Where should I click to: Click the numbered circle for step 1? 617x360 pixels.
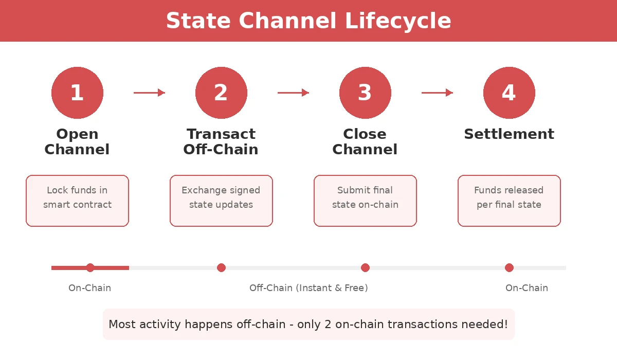(x=77, y=93)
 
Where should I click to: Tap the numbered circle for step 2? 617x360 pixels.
(x=221, y=93)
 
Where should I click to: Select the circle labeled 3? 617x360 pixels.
(x=365, y=93)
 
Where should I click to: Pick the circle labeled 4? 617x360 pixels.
(x=509, y=93)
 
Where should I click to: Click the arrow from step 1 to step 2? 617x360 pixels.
(x=149, y=93)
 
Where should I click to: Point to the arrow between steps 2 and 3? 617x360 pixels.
(x=293, y=93)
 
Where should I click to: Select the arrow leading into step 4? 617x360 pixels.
(x=437, y=93)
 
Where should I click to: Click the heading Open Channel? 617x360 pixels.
(x=77, y=141)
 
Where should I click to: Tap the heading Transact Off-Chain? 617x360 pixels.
(x=221, y=141)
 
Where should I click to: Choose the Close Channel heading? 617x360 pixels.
(x=365, y=141)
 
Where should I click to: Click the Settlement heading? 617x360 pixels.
(x=509, y=134)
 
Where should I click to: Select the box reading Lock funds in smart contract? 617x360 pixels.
(x=77, y=201)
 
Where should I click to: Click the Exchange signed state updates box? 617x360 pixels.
(x=221, y=201)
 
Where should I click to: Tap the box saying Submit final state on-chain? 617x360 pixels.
(x=365, y=201)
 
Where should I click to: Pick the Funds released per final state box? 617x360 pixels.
(x=509, y=201)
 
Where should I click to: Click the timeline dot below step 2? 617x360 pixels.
(x=221, y=267)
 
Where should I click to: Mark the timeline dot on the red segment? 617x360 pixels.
(x=90, y=267)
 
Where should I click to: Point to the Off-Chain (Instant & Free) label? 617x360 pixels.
(x=308, y=288)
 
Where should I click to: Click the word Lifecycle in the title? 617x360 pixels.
(x=397, y=21)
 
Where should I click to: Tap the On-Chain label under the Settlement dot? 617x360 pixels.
(x=527, y=288)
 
